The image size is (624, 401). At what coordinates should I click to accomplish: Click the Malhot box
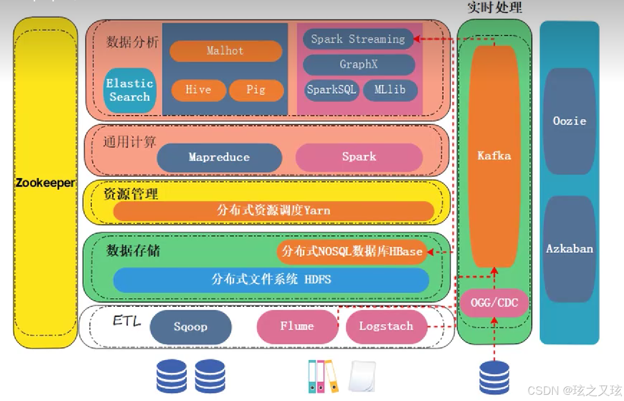click(226, 51)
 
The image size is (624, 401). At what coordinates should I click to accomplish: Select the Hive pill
click(198, 90)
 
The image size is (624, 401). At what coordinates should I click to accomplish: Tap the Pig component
click(256, 90)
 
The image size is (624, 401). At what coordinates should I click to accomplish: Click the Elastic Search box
click(130, 90)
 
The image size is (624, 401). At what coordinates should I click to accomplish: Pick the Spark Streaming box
click(358, 39)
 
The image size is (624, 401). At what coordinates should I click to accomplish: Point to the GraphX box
click(359, 65)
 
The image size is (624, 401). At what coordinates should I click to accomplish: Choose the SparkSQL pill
click(331, 90)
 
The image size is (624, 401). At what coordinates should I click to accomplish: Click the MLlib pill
click(390, 90)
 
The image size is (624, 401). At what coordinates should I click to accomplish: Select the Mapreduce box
click(219, 157)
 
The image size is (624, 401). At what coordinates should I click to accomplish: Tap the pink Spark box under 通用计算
click(359, 157)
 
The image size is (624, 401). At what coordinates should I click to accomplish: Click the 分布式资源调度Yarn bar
click(274, 210)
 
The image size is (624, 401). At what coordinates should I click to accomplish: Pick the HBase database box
click(352, 251)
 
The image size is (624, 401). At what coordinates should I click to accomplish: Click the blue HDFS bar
click(271, 279)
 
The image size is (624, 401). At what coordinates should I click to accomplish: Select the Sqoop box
click(191, 327)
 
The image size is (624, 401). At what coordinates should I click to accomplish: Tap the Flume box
click(297, 326)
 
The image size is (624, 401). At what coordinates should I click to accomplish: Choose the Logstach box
click(386, 326)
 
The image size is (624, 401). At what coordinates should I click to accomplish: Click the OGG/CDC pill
click(494, 303)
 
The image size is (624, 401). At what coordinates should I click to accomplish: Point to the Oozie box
click(569, 121)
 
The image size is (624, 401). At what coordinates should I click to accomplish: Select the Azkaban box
click(569, 249)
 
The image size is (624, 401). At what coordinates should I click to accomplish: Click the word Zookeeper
click(45, 183)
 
